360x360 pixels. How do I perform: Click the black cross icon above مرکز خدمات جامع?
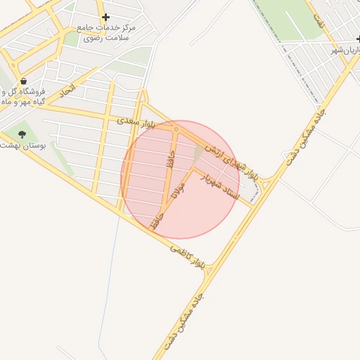[105, 17]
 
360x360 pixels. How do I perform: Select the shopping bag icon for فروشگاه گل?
[23, 82]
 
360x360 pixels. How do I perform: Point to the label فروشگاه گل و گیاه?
[25, 96]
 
